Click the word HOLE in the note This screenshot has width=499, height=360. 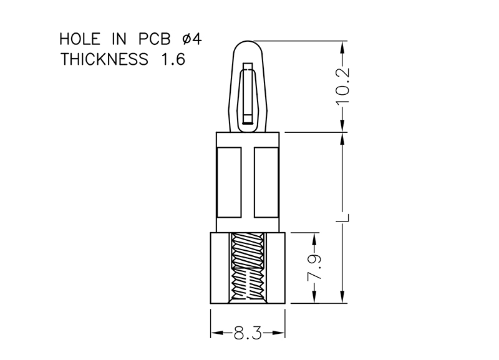(x=80, y=39)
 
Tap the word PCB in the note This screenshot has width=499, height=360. (x=154, y=39)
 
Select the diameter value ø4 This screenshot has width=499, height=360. (x=192, y=39)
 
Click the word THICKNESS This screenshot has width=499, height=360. (x=104, y=59)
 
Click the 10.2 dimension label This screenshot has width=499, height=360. (x=342, y=86)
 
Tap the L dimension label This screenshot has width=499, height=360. (x=343, y=218)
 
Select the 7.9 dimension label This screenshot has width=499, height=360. (x=314, y=268)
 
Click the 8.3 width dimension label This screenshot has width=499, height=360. (x=248, y=334)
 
